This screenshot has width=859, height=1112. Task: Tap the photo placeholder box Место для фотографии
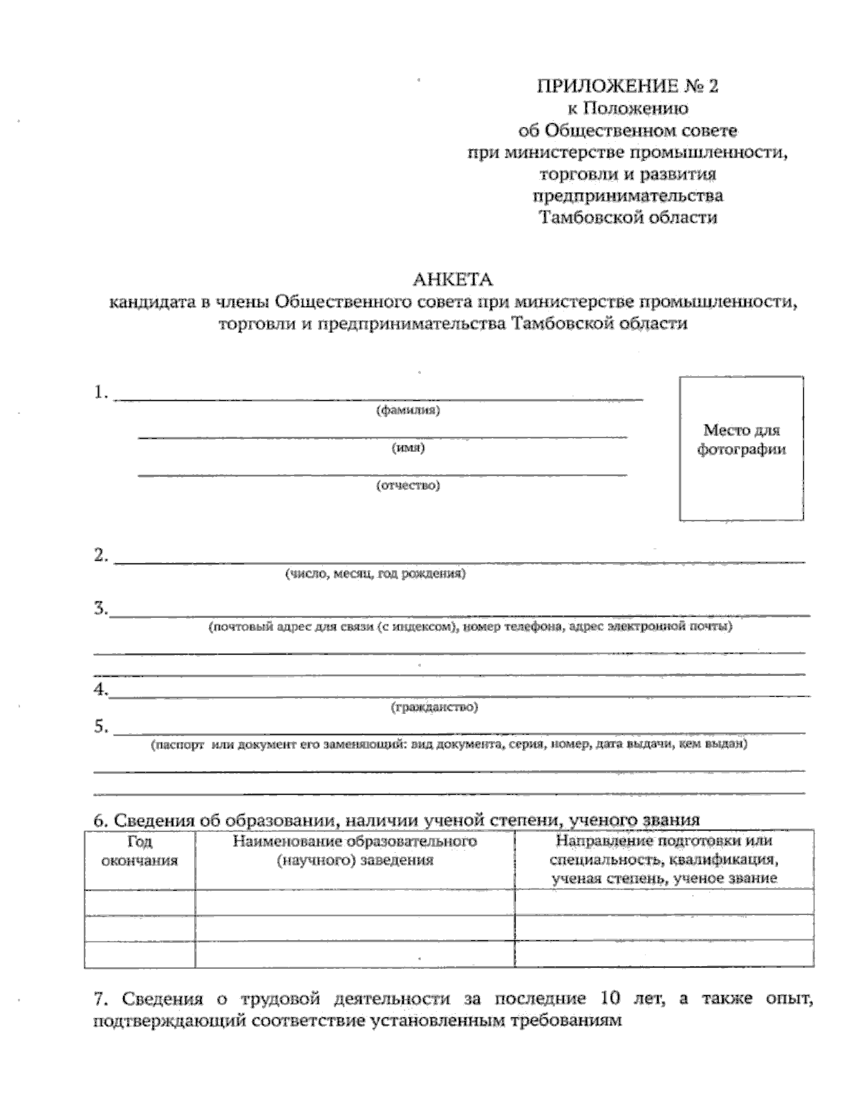[741, 448]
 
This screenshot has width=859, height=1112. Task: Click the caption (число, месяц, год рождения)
[375, 574]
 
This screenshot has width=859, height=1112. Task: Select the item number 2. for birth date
[101, 556]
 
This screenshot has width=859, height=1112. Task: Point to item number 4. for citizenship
[101, 690]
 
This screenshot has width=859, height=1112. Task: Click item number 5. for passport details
[101, 727]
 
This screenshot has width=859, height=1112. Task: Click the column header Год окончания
[139, 851]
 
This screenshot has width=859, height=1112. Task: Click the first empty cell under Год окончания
[139, 901]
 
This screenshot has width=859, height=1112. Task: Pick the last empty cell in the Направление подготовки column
[664, 954]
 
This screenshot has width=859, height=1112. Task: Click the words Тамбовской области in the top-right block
[627, 217]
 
